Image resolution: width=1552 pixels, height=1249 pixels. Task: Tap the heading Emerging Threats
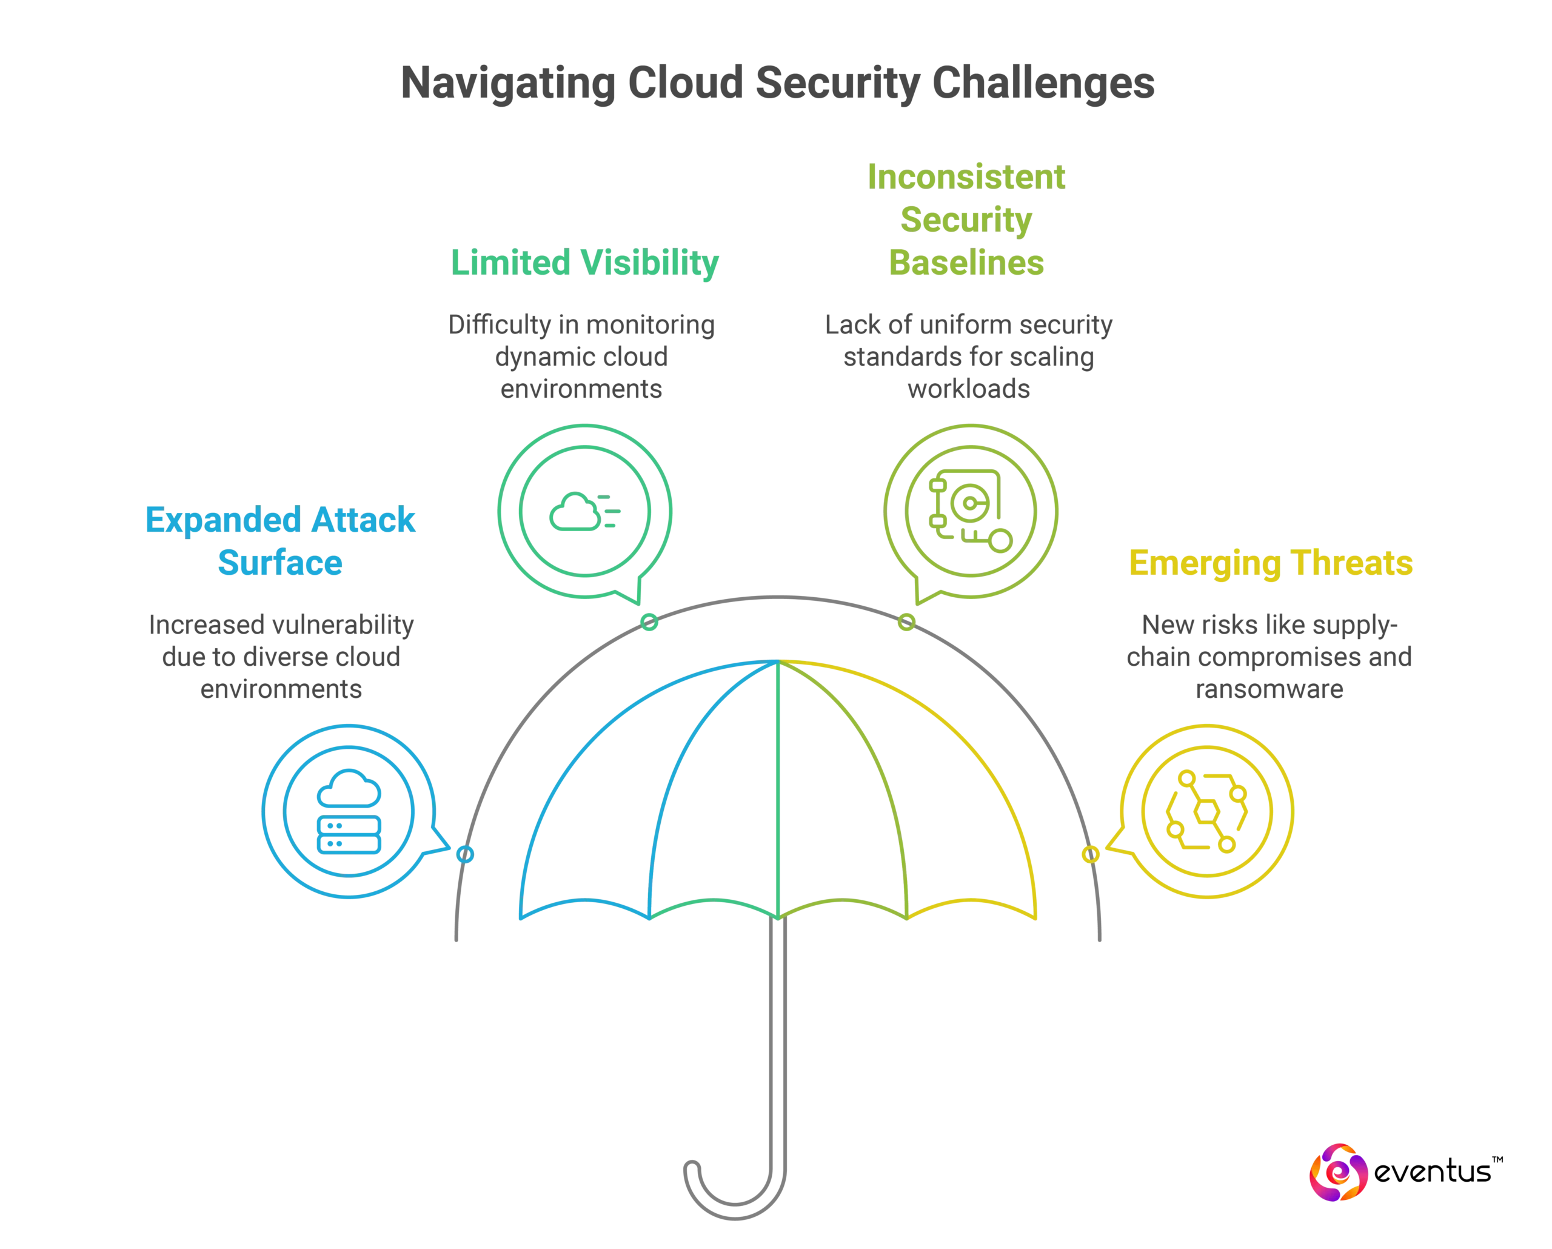coord(1271,563)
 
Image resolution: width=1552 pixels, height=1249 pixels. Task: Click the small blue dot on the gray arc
coord(465,854)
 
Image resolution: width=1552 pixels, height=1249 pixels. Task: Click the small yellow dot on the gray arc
coord(1091,854)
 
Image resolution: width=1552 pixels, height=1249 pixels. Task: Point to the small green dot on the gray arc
coord(649,623)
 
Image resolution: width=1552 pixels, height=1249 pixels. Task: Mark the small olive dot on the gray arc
coord(906,623)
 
